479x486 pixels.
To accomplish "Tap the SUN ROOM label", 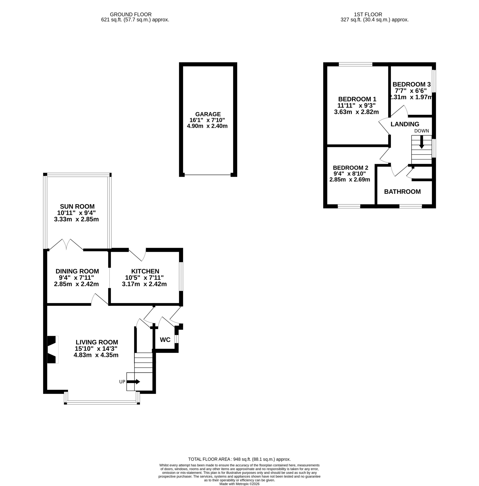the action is pyautogui.click(x=77, y=206).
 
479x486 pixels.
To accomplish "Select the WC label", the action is pyautogui.click(x=165, y=340).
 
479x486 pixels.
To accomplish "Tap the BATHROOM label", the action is pyautogui.click(x=402, y=192).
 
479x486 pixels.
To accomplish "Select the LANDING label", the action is pyautogui.click(x=405, y=124).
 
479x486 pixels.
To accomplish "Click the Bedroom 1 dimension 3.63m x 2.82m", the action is pyautogui.click(x=356, y=112).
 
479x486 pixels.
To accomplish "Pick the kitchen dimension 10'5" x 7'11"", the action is pyautogui.click(x=144, y=278).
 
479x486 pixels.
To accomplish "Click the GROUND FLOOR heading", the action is pyautogui.click(x=131, y=15).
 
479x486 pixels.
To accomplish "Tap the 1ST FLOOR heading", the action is pyautogui.click(x=368, y=15).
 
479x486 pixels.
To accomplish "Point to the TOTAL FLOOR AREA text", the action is pyautogui.click(x=239, y=459).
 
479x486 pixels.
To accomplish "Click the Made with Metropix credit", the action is pyautogui.click(x=239, y=484).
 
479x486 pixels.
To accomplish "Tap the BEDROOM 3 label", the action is pyautogui.click(x=412, y=84).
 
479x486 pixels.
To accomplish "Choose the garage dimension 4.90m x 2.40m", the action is pyautogui.click(x=207, y=126).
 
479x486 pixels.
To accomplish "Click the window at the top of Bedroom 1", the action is pyautogui.click(x=355, y=64).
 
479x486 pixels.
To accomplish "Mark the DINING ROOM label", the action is pyautogui.click(x=77, y=271).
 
